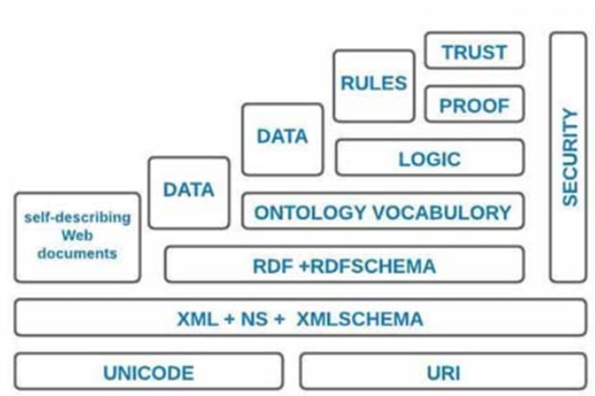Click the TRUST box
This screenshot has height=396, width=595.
[474, 51]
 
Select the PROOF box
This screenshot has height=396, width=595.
[474, 106]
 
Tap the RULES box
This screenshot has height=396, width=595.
[374, 84]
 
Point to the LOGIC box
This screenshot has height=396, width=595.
[429, 158]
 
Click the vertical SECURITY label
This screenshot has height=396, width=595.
[569, 157]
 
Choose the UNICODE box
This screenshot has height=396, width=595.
[148, 372]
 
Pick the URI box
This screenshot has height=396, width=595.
[443, 372]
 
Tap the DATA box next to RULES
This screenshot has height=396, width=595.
[282, 137]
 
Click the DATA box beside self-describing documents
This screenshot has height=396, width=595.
[188, 190]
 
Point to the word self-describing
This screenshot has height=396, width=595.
[77, 218]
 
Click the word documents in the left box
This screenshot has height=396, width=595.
[77, 252]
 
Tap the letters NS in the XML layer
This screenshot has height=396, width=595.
[256, 319]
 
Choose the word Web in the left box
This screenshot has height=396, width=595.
[77, 236]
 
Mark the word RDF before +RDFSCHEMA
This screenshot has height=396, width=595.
[270, 266]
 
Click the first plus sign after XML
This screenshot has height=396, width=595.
[227, 319]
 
